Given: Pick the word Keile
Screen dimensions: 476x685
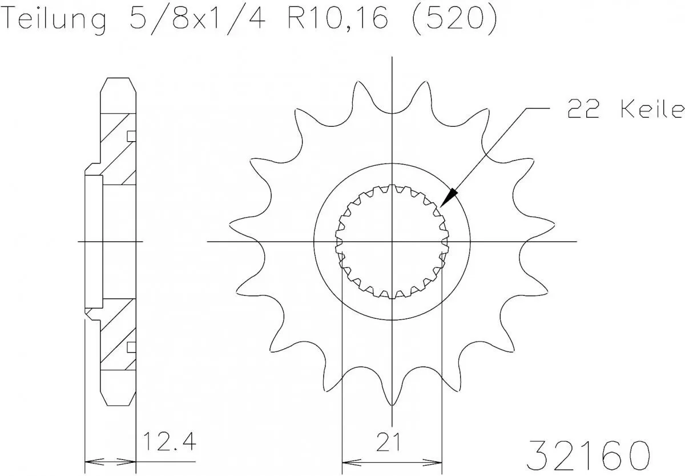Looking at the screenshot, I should click(651, 109).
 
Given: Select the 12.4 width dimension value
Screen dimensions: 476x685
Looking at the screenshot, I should click(167, 442).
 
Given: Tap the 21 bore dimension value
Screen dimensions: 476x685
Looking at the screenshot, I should click(393, 442).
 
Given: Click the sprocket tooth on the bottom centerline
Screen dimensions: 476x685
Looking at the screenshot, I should click(392, 394).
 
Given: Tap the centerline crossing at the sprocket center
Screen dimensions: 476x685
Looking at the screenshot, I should click(392, 242).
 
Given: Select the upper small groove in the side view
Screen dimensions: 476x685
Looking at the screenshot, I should click(131, 136).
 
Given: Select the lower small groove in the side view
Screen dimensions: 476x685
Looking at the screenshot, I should click(131, 346).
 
